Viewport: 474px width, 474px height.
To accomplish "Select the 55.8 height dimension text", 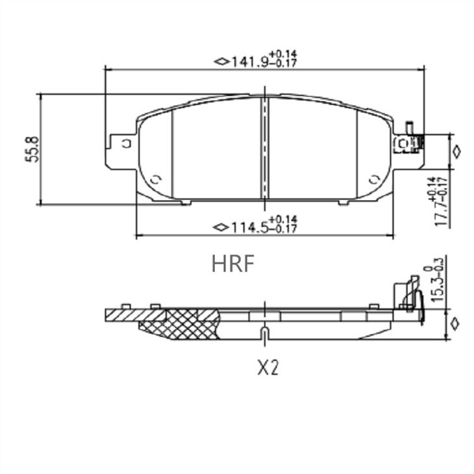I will click(x=34, y=149).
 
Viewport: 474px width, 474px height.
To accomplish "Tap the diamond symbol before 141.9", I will click(x=221, y=62).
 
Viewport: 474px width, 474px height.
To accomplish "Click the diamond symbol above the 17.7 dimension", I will click(x=456, y=151).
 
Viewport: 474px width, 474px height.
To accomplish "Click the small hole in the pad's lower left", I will click(x=155, y=179).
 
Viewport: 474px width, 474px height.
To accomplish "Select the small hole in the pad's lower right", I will click(x=373, y=179).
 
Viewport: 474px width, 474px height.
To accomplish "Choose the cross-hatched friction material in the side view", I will click(x=188, y=324).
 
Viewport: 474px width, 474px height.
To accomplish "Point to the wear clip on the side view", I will click(x=410, y=295).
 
